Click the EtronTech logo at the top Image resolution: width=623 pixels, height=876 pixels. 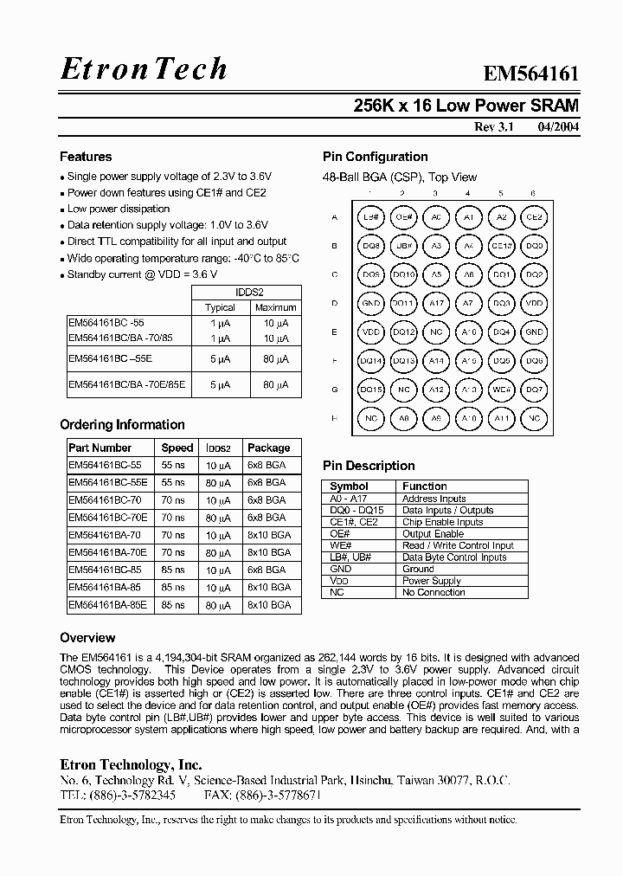[x=144, y=69]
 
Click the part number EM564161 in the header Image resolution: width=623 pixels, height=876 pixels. [x=530, y=75]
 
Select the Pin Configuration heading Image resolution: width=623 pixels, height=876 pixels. [x=375, y=157]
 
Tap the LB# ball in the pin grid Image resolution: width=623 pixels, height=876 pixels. [x=371, y=217]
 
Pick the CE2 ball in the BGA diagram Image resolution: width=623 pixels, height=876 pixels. [x=534, y=217]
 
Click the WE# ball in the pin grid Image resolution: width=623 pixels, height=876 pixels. [x=501, y=390]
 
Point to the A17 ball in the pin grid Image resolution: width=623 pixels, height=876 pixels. [x=436, y=304]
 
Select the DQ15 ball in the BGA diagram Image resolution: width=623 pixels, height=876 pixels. [x=371, y=390]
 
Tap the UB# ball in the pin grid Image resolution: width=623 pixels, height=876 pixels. [x=403, y=246]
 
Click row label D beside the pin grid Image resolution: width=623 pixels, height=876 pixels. [x=334, y=304]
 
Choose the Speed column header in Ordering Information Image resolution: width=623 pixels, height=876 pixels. [x=177, y=448]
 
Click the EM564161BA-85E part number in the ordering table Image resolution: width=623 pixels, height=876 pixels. [x=107, y=606]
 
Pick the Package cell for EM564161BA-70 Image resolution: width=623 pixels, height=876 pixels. [x=269, y=535]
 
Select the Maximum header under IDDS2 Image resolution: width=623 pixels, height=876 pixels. [x=276, y=307]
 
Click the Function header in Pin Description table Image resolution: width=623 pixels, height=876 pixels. [x=424, y=486]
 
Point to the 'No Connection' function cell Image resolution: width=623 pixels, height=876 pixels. [x=434, y=592]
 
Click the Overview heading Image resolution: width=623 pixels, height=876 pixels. [x=87, y=638]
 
